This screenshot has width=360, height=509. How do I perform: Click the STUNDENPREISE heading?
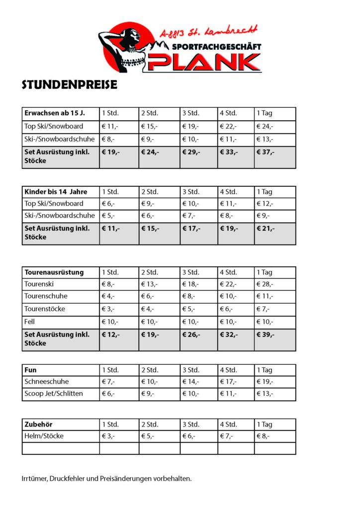[70, 85]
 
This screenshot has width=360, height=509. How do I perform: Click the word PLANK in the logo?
[204, 62]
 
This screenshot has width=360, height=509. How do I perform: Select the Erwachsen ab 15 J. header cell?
[55, 113]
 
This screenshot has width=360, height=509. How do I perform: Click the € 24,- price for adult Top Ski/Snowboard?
[265, 126]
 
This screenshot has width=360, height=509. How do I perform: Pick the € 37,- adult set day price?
[266, 152]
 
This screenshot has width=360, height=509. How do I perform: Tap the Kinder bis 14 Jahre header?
[56, 192]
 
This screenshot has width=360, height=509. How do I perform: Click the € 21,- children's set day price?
[266, 229]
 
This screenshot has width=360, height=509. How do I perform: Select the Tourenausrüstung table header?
[54, 272]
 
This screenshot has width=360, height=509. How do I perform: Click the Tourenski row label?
[39, 284]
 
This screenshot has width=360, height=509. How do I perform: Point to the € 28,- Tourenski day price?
[265, 284]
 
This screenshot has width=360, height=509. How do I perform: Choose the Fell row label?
[30, 322]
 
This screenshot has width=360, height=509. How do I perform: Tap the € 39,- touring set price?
[266, 335]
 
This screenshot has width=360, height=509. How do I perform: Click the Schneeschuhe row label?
[47, 382]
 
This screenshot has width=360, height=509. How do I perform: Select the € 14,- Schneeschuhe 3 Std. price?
[190, 382]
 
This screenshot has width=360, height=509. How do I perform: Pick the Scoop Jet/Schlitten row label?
[54, 394]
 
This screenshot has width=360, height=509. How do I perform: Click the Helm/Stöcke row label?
[44, 436]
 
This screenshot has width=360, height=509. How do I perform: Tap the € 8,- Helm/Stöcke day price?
[264, 436]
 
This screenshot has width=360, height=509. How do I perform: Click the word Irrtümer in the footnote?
[35, 479]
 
